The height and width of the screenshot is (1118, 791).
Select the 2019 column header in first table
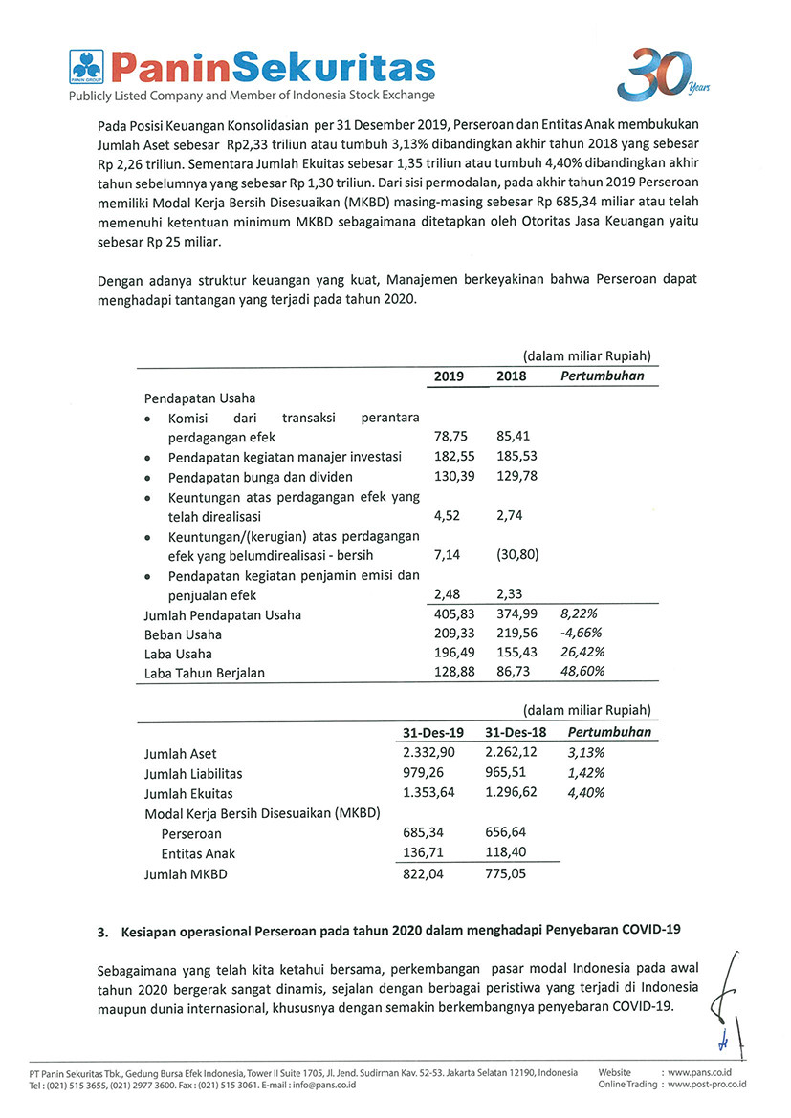(449, 376)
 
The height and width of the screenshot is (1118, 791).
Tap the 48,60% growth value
(582, 673)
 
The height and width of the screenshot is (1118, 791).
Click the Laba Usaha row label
(178, 654)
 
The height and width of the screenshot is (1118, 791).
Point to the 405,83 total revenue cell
(454, 615)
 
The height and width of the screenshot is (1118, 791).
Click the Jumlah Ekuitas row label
(188, 793)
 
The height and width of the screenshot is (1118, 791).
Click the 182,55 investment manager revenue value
(454, 457)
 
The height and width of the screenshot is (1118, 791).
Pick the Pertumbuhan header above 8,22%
(603, 376)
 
